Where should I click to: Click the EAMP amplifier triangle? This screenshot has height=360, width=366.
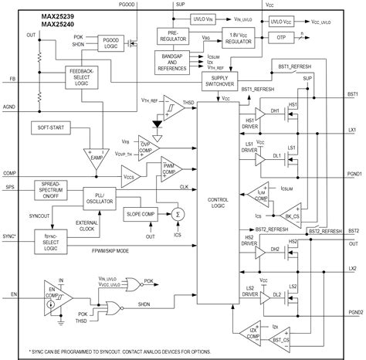click(97, 159)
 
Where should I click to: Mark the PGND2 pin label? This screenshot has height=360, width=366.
click(352, 312)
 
